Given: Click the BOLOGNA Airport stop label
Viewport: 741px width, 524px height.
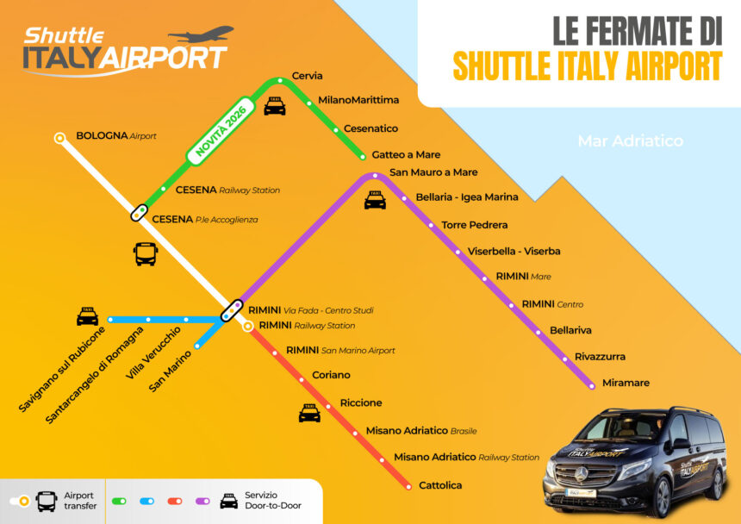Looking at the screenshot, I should click(116, 136).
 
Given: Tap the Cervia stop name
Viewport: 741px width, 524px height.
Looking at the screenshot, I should click(308, 76).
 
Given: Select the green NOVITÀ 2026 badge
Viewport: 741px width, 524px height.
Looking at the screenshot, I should click(221, 132).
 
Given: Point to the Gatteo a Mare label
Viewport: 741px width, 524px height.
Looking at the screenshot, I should click(406, 155).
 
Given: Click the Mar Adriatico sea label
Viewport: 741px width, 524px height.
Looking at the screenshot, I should click(630, 140).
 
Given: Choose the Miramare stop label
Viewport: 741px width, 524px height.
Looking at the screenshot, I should click(626, 383).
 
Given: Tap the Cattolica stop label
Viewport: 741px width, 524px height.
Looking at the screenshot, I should click(440, 485).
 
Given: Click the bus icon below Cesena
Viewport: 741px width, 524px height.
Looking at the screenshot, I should click(146, 253).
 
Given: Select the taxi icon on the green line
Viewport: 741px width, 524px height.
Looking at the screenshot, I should click(274, 107).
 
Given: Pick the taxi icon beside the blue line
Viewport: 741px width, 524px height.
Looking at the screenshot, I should click(87, 316).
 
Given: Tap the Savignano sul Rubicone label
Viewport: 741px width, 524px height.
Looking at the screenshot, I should click(62, 369).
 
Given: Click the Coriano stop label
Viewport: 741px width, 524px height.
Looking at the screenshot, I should click(331, 375).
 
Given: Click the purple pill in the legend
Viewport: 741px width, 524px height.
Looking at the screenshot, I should click(203, 501).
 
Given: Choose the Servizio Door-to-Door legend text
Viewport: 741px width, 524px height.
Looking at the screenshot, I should click(273, 501).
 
